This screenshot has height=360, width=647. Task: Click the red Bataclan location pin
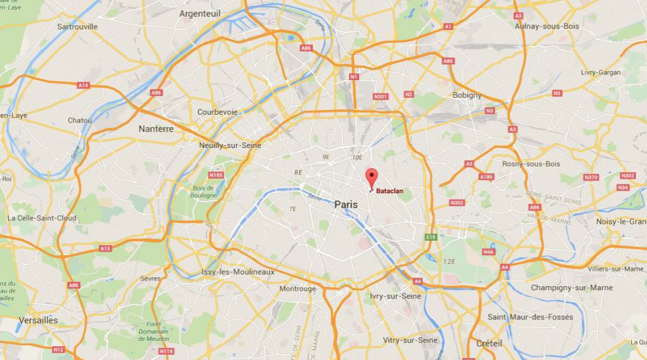click(371, 177)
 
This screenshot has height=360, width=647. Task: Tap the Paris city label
click(346, 204)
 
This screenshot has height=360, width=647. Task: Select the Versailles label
click(38, 320)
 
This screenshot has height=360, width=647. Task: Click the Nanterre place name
click(157, 129)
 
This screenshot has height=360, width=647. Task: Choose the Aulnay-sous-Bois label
click(547, 25)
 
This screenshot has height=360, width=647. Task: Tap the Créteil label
click(489, 343)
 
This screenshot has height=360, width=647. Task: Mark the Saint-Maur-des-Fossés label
click(530, 317)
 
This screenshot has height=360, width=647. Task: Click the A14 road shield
click(83, 85)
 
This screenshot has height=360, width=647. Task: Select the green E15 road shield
click(430, 237)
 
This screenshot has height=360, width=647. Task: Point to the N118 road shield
click(166, 351)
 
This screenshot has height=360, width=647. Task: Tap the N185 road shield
click(216, 175)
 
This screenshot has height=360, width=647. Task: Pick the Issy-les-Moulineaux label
click(238, 271)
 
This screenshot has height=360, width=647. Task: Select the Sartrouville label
click(78, 27)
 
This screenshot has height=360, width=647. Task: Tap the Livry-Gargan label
click(601, 72)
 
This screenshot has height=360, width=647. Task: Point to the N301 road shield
click(381, 97)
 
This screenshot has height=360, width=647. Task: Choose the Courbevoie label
click(218, 112)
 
